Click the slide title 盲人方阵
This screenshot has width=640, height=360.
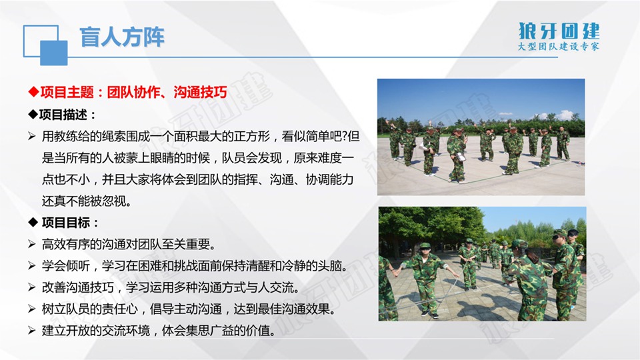click(121, 37)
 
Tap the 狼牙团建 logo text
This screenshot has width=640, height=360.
click(559, 31)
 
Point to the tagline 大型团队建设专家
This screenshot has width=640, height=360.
click(559, 46)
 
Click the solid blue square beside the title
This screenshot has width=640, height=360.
click(54, 53)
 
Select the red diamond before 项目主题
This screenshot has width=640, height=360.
click(33, 92)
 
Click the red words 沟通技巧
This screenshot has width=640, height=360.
click(200, 92)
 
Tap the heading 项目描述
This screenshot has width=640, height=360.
click(63, 115)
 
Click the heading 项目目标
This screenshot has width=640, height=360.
click(66, 223)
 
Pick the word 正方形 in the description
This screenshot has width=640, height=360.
click(252, 136)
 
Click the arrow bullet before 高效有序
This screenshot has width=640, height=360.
click(32, 244)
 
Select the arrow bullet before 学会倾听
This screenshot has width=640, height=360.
click(32, 266)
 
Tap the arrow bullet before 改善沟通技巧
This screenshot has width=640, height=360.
click(32, 287)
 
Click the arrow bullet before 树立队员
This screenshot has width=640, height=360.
click(32, 309)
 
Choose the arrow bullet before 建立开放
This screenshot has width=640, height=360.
click(32, 331)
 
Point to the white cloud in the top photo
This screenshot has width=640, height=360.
click(565, 115)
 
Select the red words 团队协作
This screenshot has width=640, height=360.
click(133, 92)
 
